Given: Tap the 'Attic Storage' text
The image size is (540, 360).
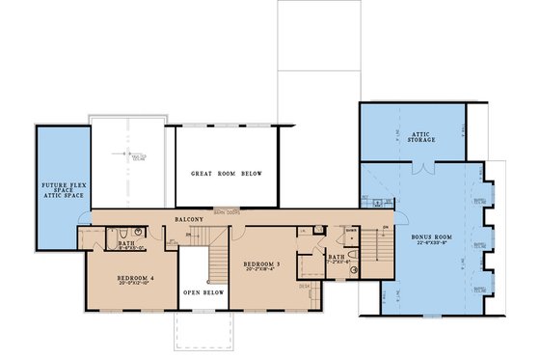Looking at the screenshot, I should pos(420,137).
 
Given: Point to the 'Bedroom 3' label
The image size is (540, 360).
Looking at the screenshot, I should pos(263,263).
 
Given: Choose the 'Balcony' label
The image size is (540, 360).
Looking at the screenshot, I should pos(189,219).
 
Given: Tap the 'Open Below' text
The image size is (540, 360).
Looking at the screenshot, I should pos(202,316).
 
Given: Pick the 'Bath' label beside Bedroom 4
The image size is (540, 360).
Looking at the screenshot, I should pos(125,243).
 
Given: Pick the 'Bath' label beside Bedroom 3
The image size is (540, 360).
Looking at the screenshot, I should pos(336,257).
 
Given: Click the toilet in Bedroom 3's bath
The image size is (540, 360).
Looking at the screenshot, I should pos(354,255).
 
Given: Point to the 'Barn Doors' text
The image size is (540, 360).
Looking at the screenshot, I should pos(227,210).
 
